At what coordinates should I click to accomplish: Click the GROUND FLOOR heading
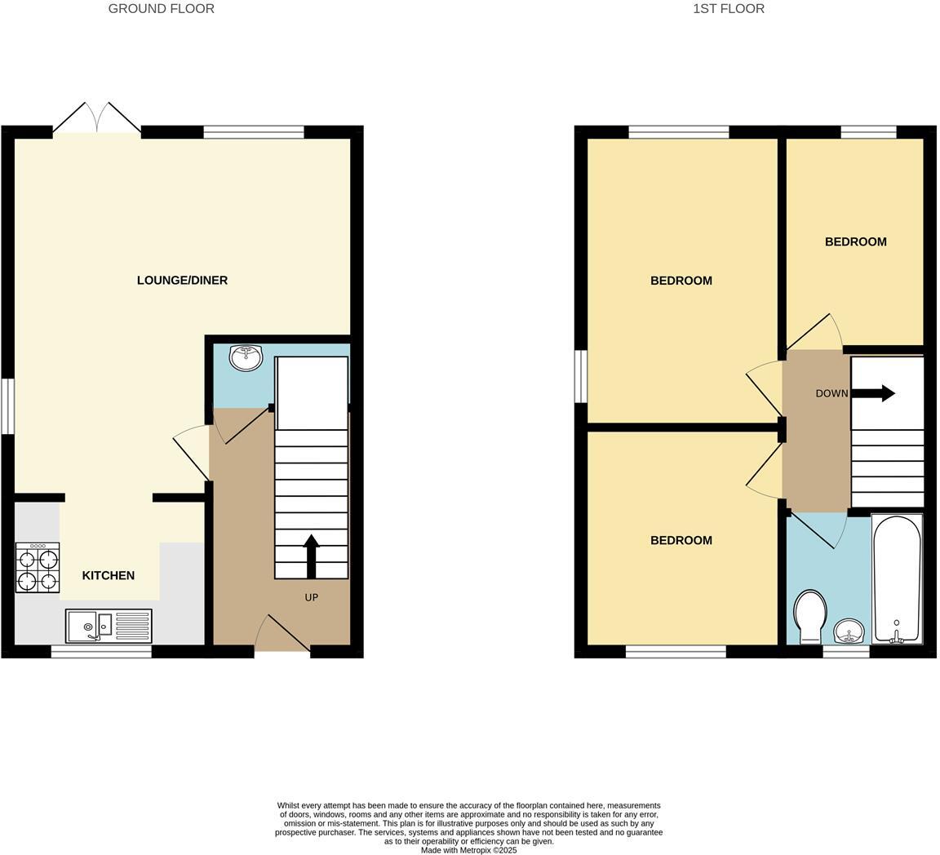tap(162, 9)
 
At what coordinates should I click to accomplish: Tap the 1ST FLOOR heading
tap(729, 9)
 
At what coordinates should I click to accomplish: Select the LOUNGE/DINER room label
tap(182, 281)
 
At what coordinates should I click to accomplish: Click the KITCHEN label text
tap(109, 576)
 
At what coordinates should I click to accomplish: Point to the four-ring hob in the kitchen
tap(38, 568)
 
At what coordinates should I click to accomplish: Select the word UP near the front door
tap(311, 597)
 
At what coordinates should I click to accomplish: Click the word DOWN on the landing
tap(831, 393)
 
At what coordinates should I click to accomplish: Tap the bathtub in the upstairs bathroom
tap(896, 579)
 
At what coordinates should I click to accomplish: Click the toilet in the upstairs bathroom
tap(809, 616)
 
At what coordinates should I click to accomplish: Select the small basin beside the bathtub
tap(849, 631)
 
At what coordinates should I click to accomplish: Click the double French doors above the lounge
tap(97, 119)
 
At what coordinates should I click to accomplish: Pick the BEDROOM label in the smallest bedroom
tap(855, 242)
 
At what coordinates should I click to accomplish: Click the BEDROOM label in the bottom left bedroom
tap(681, 541)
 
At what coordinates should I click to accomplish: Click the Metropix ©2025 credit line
tap(468, 850)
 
